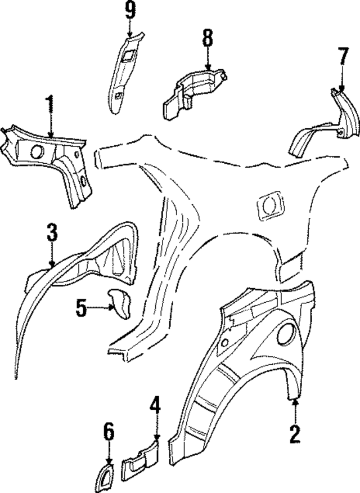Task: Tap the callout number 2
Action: click(294, 433)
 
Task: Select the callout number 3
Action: click(52, 232)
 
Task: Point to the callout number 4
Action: click(155, 405)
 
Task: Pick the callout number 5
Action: click(82, 307)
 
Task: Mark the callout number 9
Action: click(130, 10)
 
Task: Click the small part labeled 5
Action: click(119, 300)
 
